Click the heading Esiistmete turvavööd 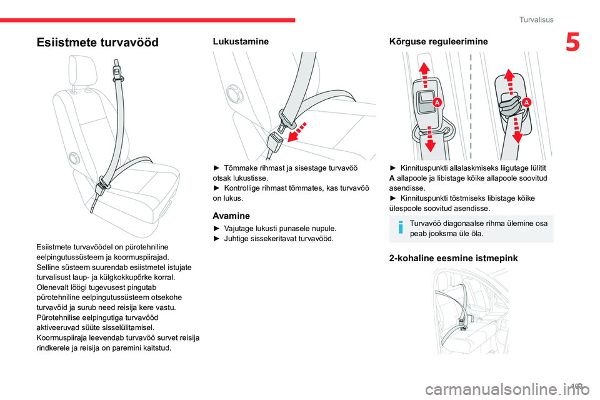pyautogui.click(x=97, y=42)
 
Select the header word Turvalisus pyautogui.click(x=536, y=20)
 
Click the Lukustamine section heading pyautogui.click(x=241, y=41)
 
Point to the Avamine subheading pyautogui.click(x=232, y=215)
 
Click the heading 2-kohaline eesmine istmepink pyautogui.click(x=453, y=257)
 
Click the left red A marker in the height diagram pyautogui.click(x=437, y=101)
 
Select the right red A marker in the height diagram pyautogui.click(x=526, y=102)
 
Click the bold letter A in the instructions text pyautogui.click(x=391, y=177)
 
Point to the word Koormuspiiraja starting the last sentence pyautogui.click(x=62, y=337)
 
